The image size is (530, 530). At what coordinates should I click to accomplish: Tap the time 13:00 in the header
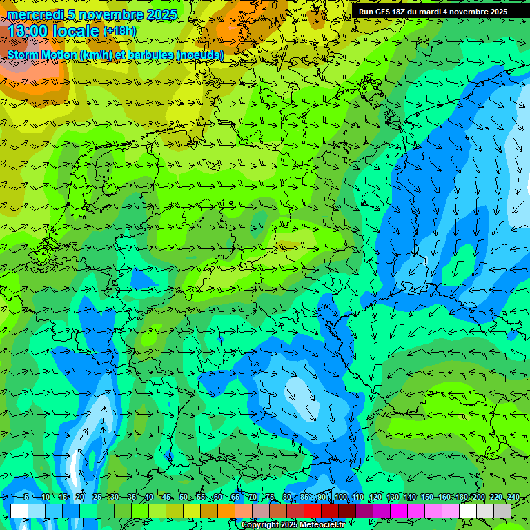pyautogui.click(x=26, y=31)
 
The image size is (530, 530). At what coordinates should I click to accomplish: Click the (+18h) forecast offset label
pyautogui.click(x=120, y=31)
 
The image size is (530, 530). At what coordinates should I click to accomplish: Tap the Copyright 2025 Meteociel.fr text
pyautogui.click(x=293, y=525)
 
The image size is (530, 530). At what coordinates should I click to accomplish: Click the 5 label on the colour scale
pyautogui.click(x=26, y=498)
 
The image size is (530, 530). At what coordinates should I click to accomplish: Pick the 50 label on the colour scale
pyautogui.click(x=183, y=498)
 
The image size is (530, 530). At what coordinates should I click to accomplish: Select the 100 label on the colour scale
pyautogui.click(x=340, y=498)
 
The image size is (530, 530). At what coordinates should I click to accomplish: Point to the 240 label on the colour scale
pyautogui.click(x=513, y=498)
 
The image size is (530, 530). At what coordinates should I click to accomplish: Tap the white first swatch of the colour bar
pyautogui.click(x=19, y=511)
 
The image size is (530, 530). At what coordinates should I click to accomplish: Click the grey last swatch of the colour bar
pyautogui.click(x=502, y=511)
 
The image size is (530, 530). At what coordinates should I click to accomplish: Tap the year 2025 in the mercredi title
pyautogui.click(x=161, y=14)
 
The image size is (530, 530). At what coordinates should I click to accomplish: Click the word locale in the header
pyautogui.click(x=75, y=31)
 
